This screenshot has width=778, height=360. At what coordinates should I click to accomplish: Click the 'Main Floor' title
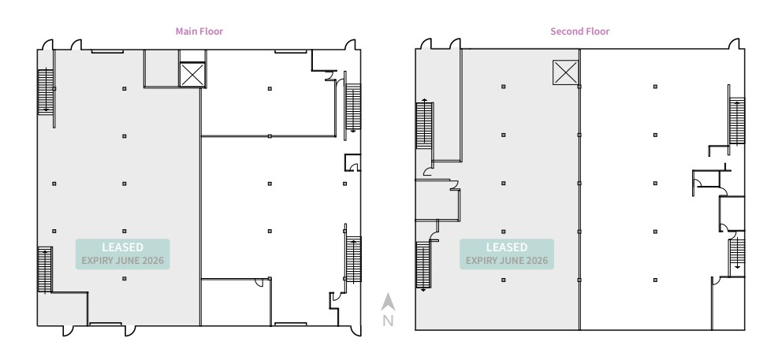(199, 32)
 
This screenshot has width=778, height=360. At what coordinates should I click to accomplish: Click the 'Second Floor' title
(579, 32)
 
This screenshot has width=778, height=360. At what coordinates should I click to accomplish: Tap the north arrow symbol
(387, 302)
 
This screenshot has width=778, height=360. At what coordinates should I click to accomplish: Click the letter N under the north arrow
(387, 321)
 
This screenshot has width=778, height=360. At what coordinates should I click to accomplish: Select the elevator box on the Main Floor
(192, 76)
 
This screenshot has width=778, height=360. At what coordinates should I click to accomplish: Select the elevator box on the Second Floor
(564, 73)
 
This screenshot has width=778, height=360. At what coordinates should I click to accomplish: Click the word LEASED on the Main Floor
(122, 247)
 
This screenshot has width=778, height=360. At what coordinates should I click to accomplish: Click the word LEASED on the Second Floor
(507, 247)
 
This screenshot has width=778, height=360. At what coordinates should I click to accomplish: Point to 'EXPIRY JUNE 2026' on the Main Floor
(122, 260)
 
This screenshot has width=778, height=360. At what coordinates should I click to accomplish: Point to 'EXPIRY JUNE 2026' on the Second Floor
(507, 260)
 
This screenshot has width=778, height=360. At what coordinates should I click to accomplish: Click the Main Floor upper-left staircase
(45, 91)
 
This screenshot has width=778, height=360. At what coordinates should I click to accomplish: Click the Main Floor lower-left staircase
(45, 269)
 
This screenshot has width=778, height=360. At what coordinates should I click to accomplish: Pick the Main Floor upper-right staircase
(353, 107)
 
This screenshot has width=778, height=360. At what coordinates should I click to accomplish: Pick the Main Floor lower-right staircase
(353, 260)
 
